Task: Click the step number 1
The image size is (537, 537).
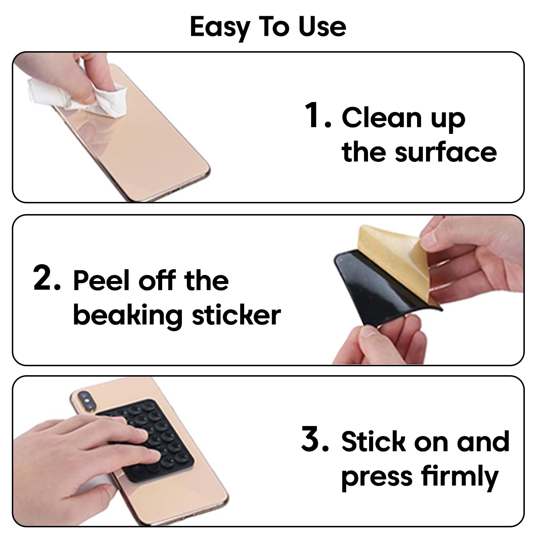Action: coord(315,115)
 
